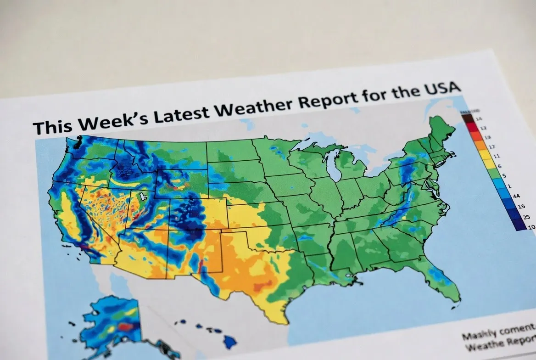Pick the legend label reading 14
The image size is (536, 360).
(x=479, y=119)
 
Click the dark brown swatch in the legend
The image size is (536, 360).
(x=467, y=118)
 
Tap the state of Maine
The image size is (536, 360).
(x=441, y=130)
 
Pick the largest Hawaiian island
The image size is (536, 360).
(x=230, y=340)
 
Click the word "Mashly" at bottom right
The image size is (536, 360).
(x=478, y=335)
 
